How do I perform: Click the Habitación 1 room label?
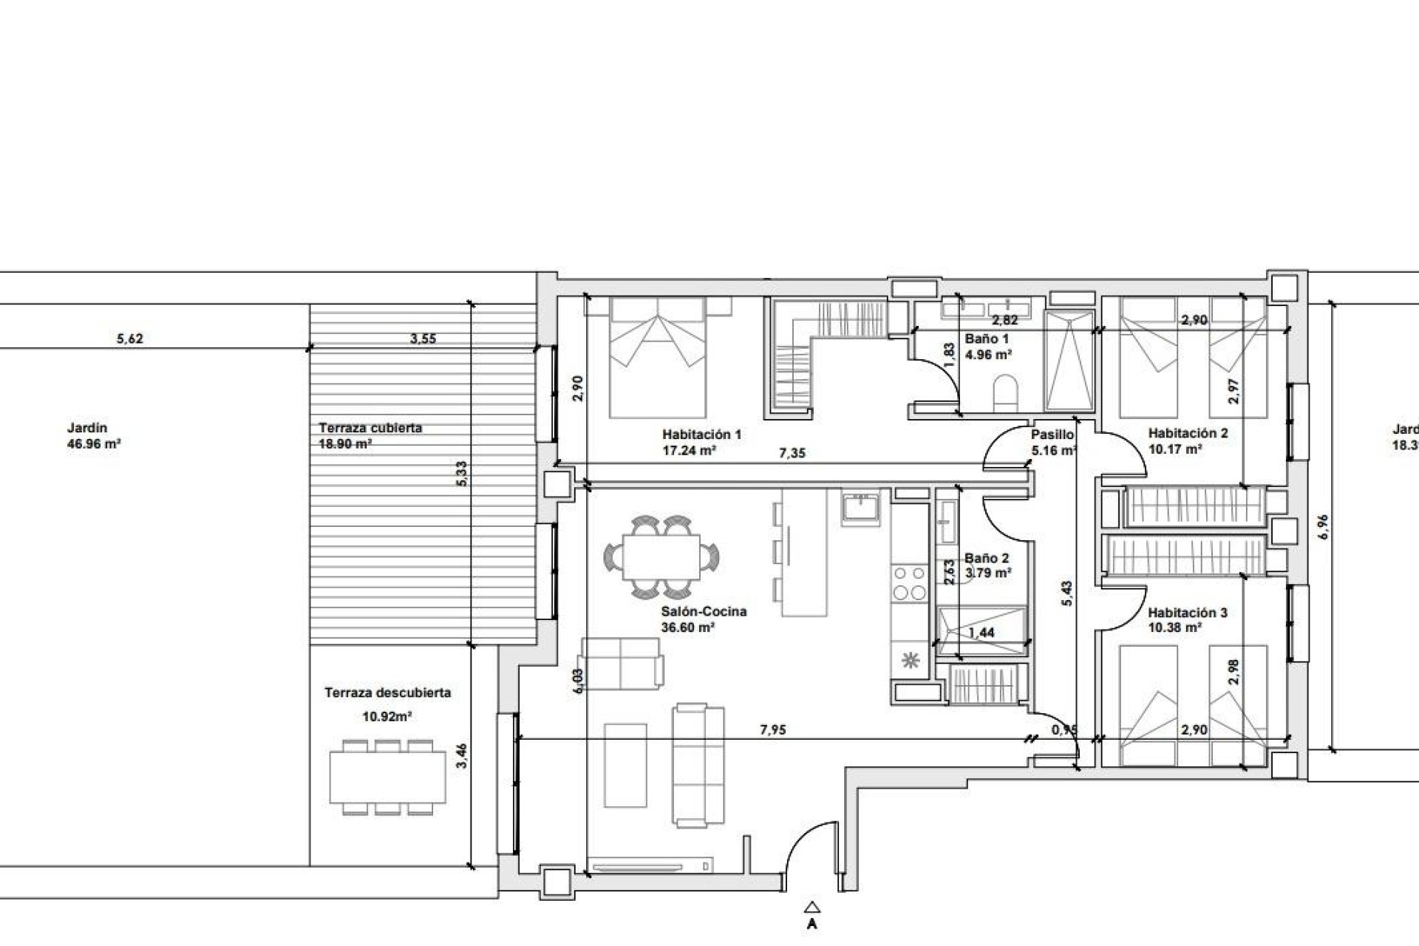pos(701,435)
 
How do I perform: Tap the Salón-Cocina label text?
pos(704,611)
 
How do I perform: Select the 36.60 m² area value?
pos(687,627)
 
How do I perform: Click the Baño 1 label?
pos(987,338)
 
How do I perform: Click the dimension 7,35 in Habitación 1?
pos(792,453)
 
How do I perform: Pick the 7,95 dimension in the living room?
pos(772,730)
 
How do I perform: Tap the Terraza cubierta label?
pos(370,428)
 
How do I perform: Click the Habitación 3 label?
pos(1188,612)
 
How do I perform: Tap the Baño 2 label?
pos(987,559)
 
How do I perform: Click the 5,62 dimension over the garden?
pos(130,339)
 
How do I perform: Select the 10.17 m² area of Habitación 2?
pos(1175,449)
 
